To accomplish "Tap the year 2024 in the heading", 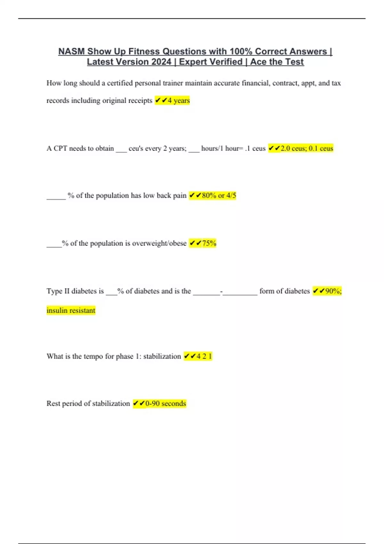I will (162, 62).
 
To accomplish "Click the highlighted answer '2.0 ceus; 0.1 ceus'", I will (307, 148).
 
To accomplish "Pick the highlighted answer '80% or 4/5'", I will (219, 196).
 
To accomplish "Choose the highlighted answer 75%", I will (209, 243).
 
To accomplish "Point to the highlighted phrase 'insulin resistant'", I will (71, 310).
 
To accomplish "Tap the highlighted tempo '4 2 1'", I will (204, 356).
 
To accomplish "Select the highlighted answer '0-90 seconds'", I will (165, 404).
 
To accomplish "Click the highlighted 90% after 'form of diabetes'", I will (333, 291).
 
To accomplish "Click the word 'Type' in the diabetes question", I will (54, 291).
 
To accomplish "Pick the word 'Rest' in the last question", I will (53, 404).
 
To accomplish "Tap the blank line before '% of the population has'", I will (56, 197).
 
